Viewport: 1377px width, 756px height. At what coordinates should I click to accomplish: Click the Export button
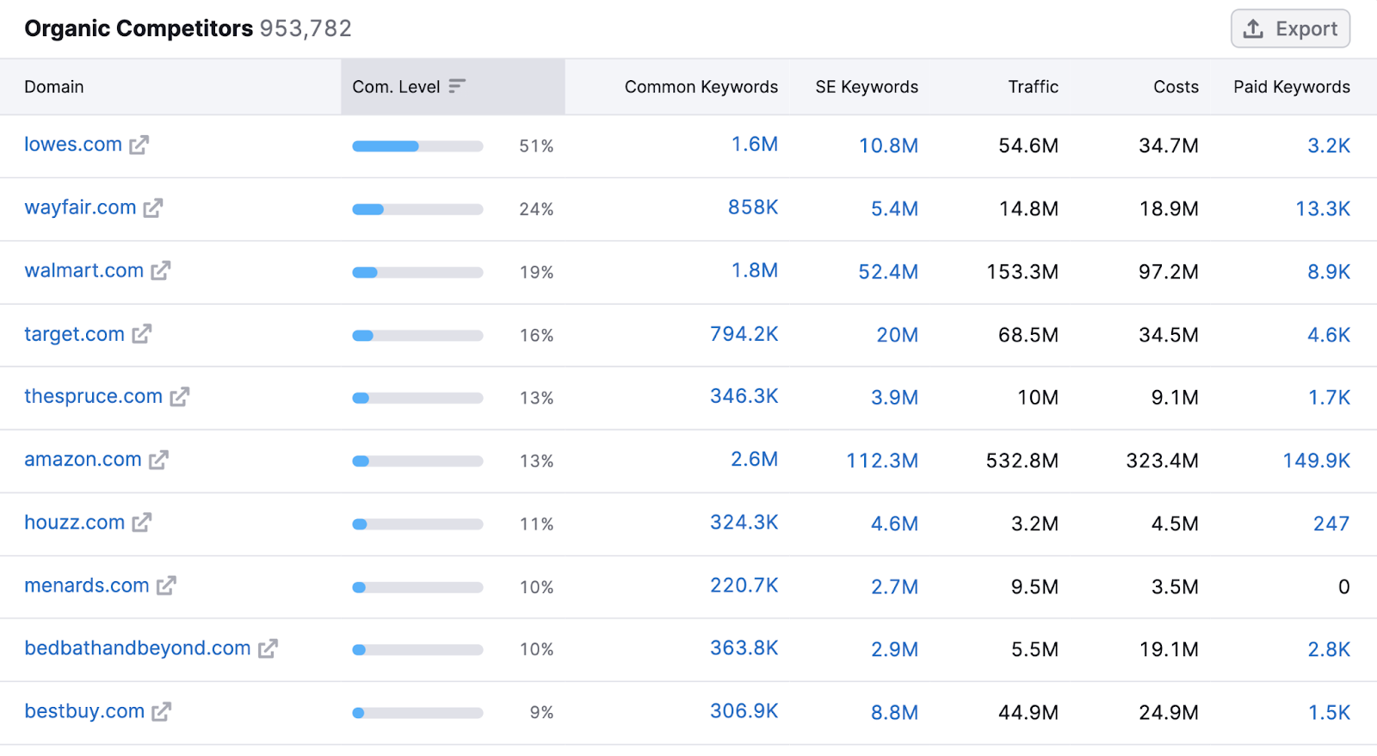1290,29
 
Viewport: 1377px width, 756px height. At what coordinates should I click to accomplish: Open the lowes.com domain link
73,145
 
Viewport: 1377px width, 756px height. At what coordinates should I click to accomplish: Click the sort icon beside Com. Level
457,86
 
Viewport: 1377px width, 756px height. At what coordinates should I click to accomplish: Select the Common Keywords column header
701,87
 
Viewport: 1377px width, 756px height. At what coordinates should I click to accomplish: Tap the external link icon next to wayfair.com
153,208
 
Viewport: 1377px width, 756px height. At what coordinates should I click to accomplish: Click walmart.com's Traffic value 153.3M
1022,272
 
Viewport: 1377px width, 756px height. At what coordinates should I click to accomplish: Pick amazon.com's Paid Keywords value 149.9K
1316,461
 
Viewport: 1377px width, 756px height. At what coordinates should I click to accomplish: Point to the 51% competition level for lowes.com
535,146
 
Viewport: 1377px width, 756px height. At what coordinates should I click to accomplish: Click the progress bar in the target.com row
417,336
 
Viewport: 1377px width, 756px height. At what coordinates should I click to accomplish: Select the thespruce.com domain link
93,397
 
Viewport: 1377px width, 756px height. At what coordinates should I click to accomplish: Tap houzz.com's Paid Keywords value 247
1331,524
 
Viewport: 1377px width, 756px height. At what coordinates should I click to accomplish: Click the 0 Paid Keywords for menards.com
1343,587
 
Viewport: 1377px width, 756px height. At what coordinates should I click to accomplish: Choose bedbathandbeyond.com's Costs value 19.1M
1169,649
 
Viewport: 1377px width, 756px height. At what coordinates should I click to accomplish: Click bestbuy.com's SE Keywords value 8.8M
894,713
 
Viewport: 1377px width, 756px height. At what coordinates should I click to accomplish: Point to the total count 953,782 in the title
306,28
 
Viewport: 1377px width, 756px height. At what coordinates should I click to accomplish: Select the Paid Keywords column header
1291,87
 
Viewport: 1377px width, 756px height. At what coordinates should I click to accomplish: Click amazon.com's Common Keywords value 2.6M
754,460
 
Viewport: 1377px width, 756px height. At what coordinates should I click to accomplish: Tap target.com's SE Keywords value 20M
897,335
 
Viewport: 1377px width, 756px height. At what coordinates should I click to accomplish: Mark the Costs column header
1176,87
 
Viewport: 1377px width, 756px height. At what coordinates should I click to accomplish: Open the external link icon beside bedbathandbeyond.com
268,649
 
